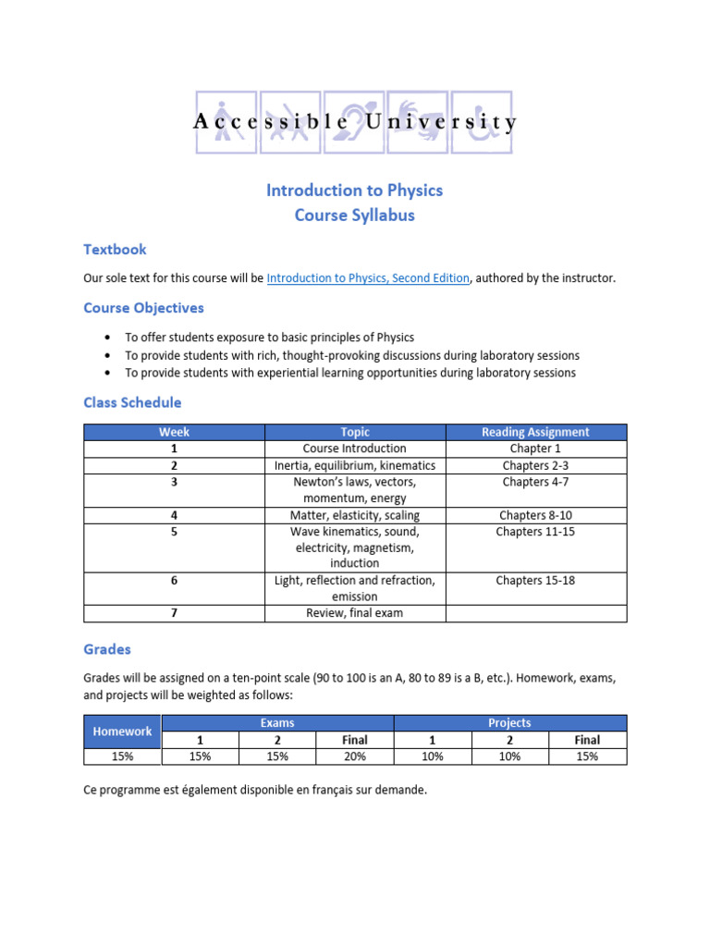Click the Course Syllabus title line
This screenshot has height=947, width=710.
pos(354,215)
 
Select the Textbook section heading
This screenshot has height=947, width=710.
pos(115,249)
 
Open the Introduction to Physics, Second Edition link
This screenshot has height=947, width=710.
pos(368,278)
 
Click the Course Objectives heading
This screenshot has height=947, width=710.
pos(143,307)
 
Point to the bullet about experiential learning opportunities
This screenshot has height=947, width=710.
pos(350,373)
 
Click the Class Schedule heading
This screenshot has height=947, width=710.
pos(132,402)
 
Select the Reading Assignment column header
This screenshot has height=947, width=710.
pos(535,432)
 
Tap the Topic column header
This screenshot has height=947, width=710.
pos(355,432)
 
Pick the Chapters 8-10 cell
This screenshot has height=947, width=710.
pos(535,515)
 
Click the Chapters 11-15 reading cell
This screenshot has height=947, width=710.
pos(535,532)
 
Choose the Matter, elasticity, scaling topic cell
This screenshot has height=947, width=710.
pos(355,515)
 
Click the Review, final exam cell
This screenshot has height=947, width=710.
pos(355,613)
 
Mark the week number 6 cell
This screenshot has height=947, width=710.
pos(174,581)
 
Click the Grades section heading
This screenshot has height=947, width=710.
pos(107,649)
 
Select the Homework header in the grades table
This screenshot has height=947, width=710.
pos(122,731)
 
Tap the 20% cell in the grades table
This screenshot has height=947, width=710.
pos(355,756)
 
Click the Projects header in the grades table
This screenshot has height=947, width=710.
pos(509,722)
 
